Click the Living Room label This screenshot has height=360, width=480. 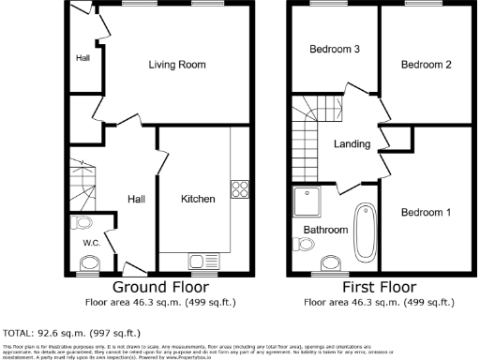point(177,65)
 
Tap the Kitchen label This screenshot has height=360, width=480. point(198,199)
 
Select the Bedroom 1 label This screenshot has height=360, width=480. point(426,213)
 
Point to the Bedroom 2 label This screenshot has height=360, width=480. point(427,65)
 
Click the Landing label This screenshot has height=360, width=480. point(352,144)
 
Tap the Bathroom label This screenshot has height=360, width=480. point(324,228)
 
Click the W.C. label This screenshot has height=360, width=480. point(91,243)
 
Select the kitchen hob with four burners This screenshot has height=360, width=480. point(238,187)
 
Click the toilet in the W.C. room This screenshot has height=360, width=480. point(83,223)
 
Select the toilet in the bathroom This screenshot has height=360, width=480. point(305,245)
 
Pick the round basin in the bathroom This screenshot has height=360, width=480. point(331,263)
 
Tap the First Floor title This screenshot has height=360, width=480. point(380,286)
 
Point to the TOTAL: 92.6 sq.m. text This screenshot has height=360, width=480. point(71,332)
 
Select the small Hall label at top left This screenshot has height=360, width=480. point(82,57)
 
